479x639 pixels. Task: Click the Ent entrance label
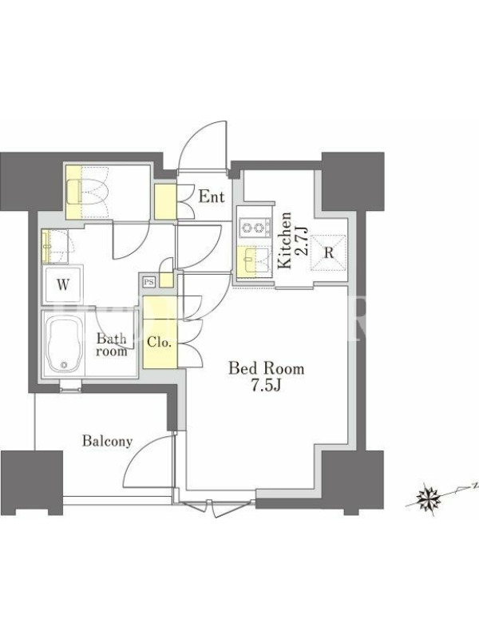pyautogui.click(x=212, y=197)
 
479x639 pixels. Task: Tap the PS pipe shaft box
pyautogui.click(x=149, y=282)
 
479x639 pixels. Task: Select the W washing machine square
pyautogui.click(x=63, y=284)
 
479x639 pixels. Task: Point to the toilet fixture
pyautogui.click(x=87, y=191)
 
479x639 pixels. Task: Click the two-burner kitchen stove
pyautogui.click(x=255, y=228)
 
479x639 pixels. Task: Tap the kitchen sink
pyautogui.click(x=254, y=260)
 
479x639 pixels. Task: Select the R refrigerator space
pyautogui.click(x=329, y=252)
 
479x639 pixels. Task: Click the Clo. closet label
pyautogui.click(x=159, y=342)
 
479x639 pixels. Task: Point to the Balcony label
pyautogui.click(x=108, y=441)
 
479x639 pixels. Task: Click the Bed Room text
pyautogui.click(x=267, y=368)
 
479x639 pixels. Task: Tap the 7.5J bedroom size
pyautogui.click(x=266, y=385)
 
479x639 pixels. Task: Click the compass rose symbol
pyautogui.click(x=429, y=498)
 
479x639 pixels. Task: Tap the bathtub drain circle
pyautogui.click(x=63, y=364)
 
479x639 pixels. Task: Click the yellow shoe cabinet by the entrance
pyautogui.click(x=165, y=202)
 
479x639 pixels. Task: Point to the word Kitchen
pyautogui.click(x=285, y=240)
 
